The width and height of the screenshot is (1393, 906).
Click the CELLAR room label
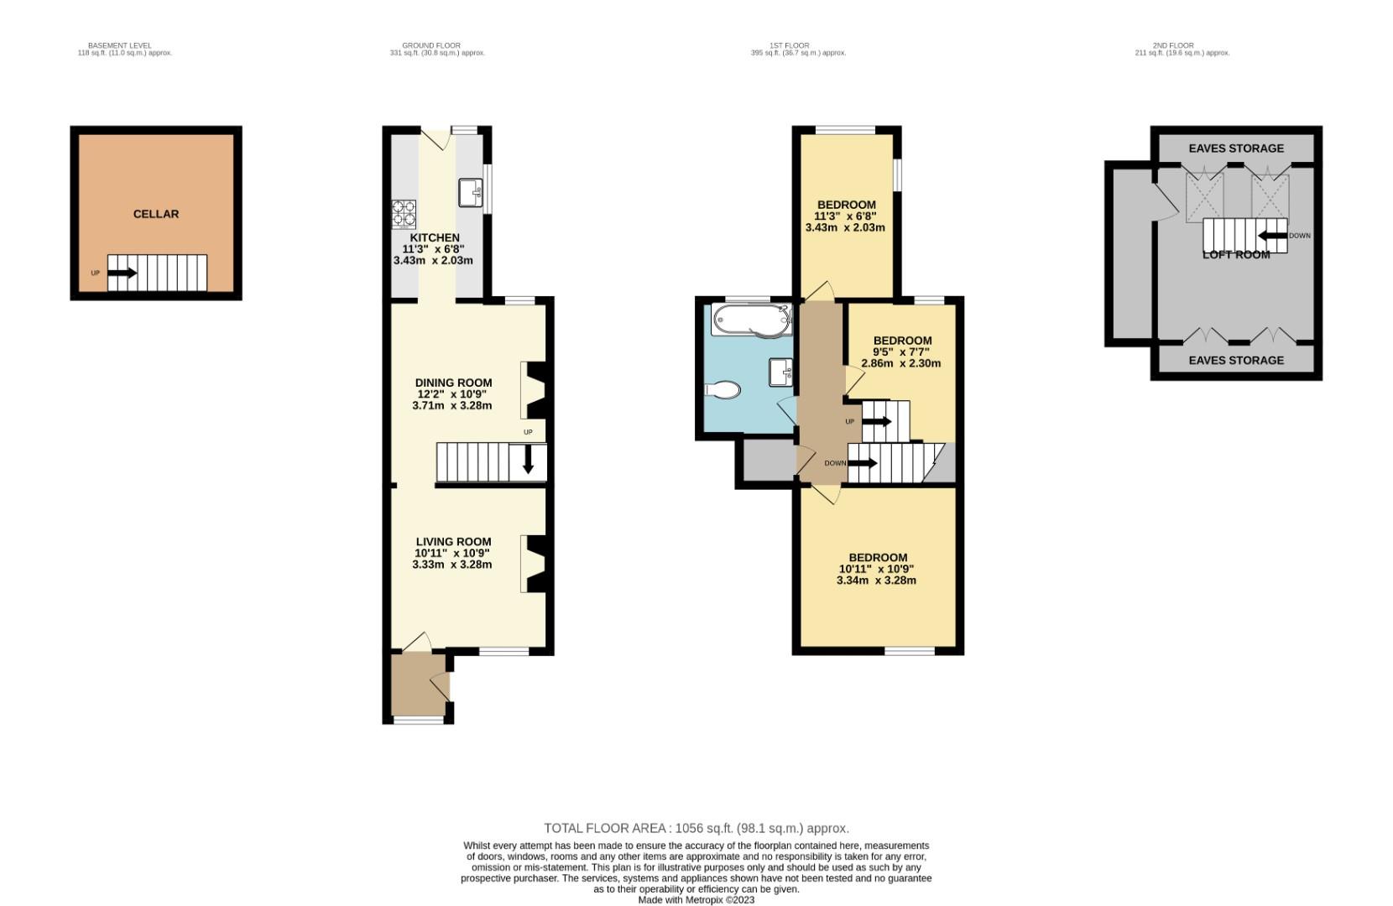coord(156,214)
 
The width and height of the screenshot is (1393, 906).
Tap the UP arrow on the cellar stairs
coord(123,273)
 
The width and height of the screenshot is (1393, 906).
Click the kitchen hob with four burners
coord(404,214)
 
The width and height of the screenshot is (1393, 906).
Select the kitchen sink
coord(470,192)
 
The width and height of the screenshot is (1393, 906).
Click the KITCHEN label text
coord(434,237)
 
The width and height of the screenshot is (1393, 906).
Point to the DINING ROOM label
coord(453,383)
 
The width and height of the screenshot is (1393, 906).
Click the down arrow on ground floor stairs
coord(528,460)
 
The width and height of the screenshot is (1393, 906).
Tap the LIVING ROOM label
coord(453,542)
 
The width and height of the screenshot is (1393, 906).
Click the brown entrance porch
coord(415,685)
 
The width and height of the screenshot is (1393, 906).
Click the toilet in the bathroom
coord(723,390)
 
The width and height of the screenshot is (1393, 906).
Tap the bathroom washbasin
coord(782,371)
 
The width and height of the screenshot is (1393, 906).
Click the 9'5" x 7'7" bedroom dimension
coord(901,352)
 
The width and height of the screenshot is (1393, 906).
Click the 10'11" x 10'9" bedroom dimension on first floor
coord(877,569)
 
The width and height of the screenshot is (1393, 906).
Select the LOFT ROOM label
coord(1236,254)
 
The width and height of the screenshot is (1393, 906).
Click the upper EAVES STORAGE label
coord(1236,148)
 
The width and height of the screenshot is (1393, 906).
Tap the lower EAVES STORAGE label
coord(1236,360)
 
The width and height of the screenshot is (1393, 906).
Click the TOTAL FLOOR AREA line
coord(696,828)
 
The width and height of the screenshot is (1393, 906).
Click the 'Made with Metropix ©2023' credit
coord(696,900)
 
